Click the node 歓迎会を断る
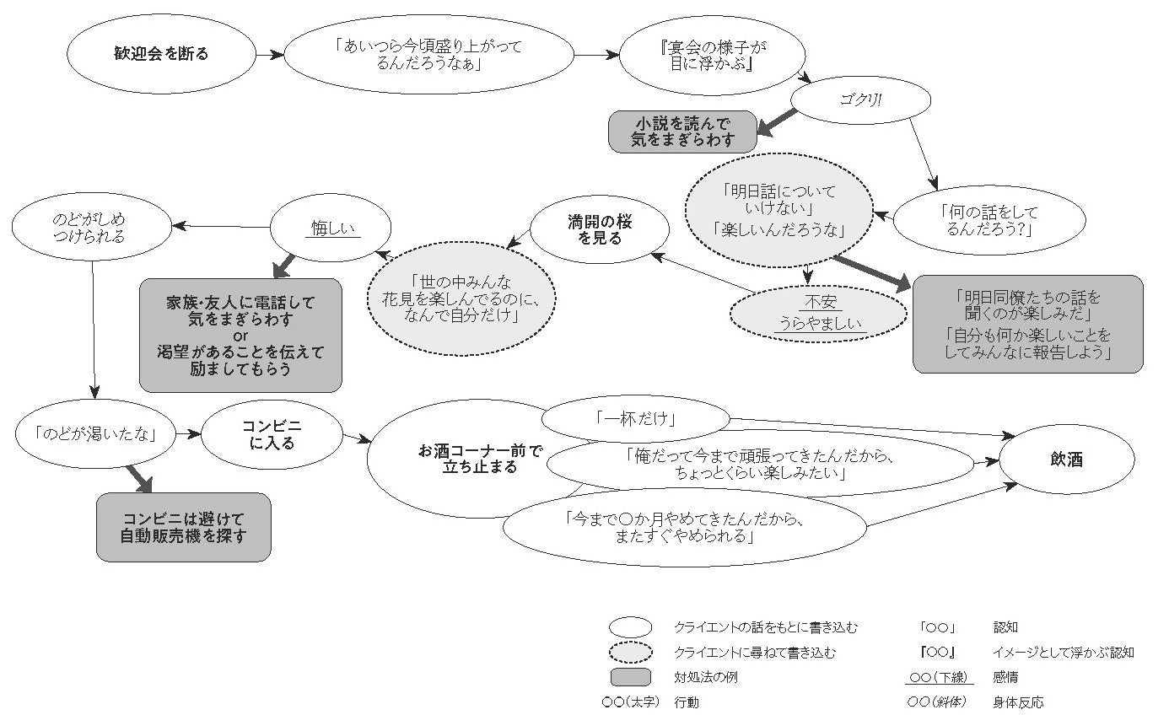click(161, 54)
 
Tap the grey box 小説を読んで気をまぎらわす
click(682, 132)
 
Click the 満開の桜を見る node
click(600, 229)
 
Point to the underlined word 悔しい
click(331, 228)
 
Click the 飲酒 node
click(1066, 460)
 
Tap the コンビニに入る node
click(271, 435)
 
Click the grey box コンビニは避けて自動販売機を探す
click(183, 527)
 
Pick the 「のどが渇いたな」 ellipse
click(96, 434)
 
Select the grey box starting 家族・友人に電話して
click(240, 335)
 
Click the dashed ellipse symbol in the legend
click(630, 652)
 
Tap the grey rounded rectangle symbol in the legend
click(630, 677)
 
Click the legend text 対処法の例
click(706, 677)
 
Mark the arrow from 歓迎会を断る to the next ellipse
click(270, 55)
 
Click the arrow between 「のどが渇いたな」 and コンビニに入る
click(190, 434)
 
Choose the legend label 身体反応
click(1018, 702)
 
